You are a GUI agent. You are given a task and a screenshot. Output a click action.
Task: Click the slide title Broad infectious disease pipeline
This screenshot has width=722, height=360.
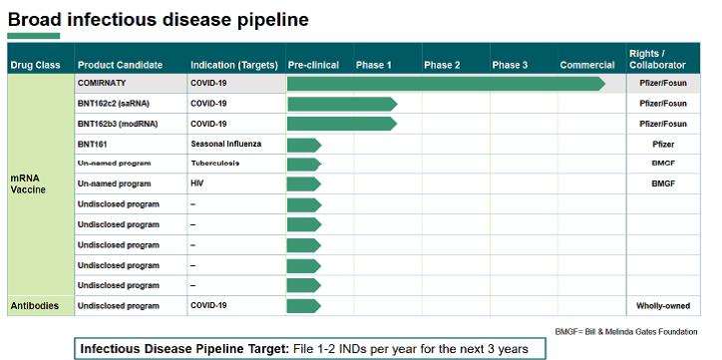[158, 19]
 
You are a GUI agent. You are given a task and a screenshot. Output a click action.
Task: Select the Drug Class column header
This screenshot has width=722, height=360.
[38, 65]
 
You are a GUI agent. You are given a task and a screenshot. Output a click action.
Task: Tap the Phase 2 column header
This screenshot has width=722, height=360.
[442, 65]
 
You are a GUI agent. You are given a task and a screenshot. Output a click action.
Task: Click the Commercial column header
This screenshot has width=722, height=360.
[587, 65]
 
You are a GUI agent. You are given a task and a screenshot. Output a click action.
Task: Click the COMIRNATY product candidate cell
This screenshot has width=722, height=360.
[109, 83]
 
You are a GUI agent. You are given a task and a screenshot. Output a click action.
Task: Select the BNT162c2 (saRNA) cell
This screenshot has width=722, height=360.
[117, 103]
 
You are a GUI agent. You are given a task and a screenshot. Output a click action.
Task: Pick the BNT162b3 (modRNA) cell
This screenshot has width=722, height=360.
[120, 124]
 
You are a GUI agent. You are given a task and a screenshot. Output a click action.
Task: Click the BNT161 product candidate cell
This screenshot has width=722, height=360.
[93, 144]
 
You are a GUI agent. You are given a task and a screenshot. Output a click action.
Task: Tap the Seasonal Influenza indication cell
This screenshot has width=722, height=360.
[225, 144]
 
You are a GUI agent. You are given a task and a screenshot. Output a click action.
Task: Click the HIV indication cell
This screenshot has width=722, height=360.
[197, 184]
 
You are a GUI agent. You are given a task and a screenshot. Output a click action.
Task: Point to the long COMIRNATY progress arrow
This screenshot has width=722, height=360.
[445, 83]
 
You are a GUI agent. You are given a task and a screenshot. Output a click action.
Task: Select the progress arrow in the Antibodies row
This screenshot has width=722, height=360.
[303, 305]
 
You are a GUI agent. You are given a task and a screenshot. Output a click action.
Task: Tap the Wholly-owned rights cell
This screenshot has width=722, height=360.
[662, 305]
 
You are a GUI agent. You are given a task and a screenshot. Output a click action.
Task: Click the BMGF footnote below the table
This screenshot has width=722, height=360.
[626, 331]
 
